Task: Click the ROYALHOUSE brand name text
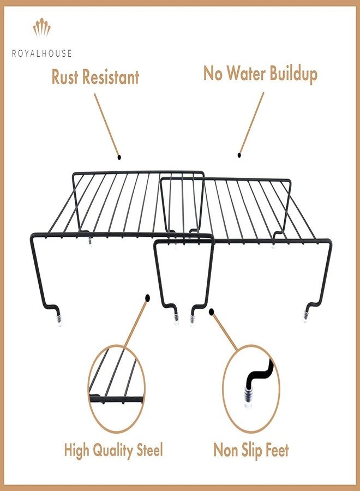point(41,53)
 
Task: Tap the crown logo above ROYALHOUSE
point(41,27)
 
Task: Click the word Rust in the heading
point(65,77)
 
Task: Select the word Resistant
point(111,77)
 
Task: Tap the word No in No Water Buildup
point(213,73)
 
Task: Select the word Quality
point(113,451)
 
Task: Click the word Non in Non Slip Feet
point(224,450)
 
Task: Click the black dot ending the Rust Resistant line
point(119,157)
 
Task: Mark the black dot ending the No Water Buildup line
point(239,155)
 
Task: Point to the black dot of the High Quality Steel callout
point(147,298)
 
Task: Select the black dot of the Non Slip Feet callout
point(212,312)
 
